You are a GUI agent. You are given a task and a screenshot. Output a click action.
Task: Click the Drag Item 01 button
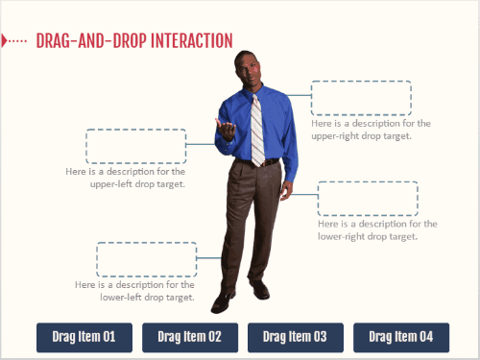[x=84, y=337]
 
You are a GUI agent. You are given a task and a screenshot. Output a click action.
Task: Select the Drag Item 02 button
[x=190, y=337]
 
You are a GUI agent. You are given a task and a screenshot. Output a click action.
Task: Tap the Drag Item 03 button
[x=296, y=337]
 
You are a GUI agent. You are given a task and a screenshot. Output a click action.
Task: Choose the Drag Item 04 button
[x=401, y=337]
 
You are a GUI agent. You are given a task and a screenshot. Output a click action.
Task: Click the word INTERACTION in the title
[x=192, y=40]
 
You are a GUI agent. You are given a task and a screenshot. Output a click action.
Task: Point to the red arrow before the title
[x=4, y=40]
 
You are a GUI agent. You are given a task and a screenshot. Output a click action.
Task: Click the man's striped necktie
[x=257, y=132]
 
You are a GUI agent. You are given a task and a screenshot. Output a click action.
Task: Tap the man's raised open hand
[x=226, y=128]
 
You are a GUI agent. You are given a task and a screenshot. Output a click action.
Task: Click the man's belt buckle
[x=264, y=163]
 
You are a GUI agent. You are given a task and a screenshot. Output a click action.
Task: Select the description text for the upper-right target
[x=371, y=130]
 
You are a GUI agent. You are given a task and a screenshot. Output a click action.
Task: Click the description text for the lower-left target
[x=134, y=291]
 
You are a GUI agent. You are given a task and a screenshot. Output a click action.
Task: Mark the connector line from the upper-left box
[x=201, y=144]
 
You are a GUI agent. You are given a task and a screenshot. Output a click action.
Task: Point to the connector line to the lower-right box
[x=304, y=194]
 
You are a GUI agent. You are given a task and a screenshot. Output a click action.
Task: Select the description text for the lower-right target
[x=377, y=230]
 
